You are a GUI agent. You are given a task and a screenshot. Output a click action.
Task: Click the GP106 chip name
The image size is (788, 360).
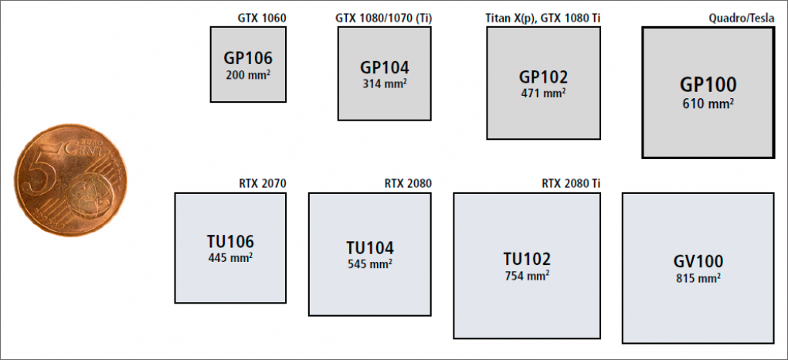click(248, 58)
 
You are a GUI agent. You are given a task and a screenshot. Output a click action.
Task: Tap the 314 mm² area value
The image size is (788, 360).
click(385, 83)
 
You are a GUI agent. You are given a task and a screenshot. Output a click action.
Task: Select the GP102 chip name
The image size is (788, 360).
click(543, 77)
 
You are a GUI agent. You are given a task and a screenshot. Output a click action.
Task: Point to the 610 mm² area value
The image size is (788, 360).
click(708, 104)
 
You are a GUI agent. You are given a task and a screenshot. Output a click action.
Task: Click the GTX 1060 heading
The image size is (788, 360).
click(261, 19)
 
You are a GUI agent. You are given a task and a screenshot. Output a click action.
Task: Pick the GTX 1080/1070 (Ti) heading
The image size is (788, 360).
click(383, 19)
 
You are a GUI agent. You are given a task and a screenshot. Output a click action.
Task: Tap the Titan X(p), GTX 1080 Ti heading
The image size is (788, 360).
click(540, 19)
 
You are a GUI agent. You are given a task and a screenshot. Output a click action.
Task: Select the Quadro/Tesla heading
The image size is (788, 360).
click(742, 19)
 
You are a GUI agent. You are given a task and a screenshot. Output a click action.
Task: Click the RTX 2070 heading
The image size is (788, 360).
click(263, 184)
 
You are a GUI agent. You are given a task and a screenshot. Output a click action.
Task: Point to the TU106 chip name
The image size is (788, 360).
click(230, 242)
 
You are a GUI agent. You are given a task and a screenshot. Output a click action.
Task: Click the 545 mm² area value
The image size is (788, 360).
click(370, 263)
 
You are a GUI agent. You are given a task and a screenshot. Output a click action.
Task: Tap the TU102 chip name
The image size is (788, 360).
click(527, 259)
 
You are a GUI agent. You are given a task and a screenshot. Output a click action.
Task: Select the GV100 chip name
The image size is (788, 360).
click(698, 261)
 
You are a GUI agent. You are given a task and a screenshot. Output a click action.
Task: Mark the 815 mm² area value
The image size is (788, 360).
click(698, 277)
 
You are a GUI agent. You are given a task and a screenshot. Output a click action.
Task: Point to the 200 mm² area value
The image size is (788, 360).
click(248, 74)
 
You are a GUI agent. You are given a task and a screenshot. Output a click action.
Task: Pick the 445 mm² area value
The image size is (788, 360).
click(230, 257)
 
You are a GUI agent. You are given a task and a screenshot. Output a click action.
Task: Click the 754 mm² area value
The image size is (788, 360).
click(527, 275)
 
